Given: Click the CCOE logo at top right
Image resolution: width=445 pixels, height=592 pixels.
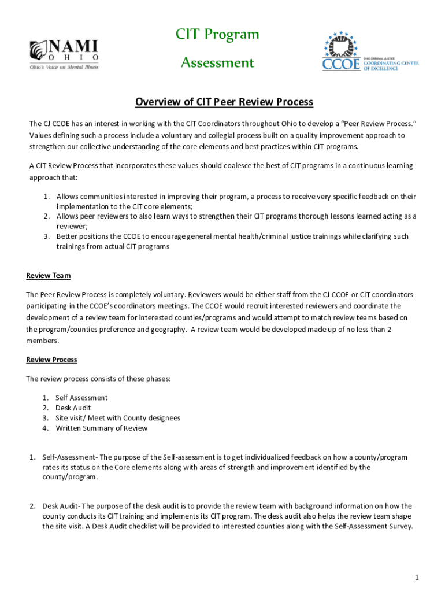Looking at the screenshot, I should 370,53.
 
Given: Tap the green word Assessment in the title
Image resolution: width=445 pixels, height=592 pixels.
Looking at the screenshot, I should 217,62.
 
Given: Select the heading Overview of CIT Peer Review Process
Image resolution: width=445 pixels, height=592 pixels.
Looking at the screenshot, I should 224,102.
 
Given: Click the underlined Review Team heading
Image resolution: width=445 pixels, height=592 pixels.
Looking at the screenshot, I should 49,276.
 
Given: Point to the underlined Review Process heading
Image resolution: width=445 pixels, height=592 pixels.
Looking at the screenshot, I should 51,360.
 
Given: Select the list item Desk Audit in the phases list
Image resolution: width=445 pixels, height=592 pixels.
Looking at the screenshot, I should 73,408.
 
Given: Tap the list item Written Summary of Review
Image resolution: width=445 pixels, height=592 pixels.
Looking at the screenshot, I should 101,428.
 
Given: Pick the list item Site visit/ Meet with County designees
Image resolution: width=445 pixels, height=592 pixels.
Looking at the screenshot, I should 118,418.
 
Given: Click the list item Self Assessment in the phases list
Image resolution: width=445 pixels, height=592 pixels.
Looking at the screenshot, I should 81,398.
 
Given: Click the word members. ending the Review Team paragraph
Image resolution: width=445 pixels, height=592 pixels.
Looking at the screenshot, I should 42,341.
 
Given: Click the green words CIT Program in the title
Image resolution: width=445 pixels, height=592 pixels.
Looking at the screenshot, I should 217,35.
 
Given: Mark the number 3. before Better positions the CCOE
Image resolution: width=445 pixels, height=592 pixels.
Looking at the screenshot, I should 47,236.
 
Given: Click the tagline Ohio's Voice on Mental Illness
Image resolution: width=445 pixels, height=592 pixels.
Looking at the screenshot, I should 64,67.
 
